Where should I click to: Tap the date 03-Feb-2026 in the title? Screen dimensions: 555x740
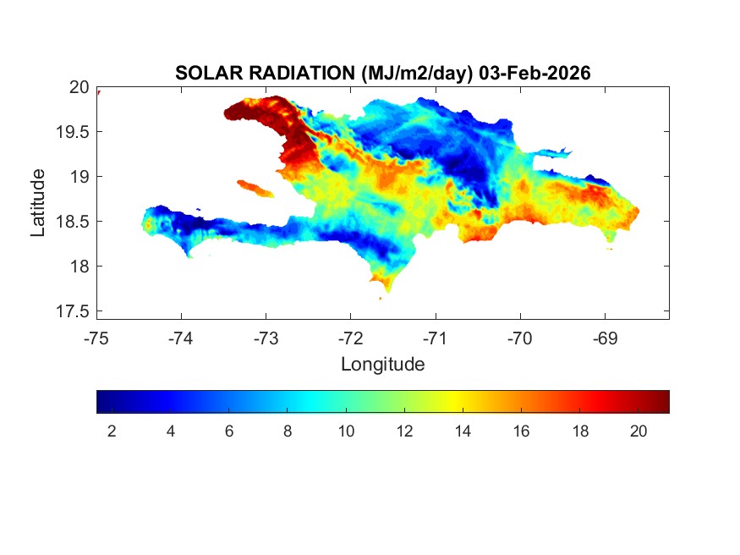534,74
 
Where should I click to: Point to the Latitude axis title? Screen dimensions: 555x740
38,202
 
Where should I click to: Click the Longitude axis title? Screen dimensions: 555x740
382,365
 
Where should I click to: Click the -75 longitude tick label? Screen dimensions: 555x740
96,338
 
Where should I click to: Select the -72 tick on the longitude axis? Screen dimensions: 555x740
350,338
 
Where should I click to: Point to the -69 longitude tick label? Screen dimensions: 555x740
605,338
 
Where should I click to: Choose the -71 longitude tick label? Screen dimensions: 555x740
436,338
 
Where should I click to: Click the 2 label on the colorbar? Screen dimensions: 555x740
112,431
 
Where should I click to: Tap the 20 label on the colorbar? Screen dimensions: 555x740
639,431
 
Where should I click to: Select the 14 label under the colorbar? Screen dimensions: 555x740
463,431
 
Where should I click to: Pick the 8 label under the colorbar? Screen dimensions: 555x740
288,431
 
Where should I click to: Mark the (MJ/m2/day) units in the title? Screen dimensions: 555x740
415,74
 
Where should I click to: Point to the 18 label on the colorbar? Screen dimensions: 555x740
580,431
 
